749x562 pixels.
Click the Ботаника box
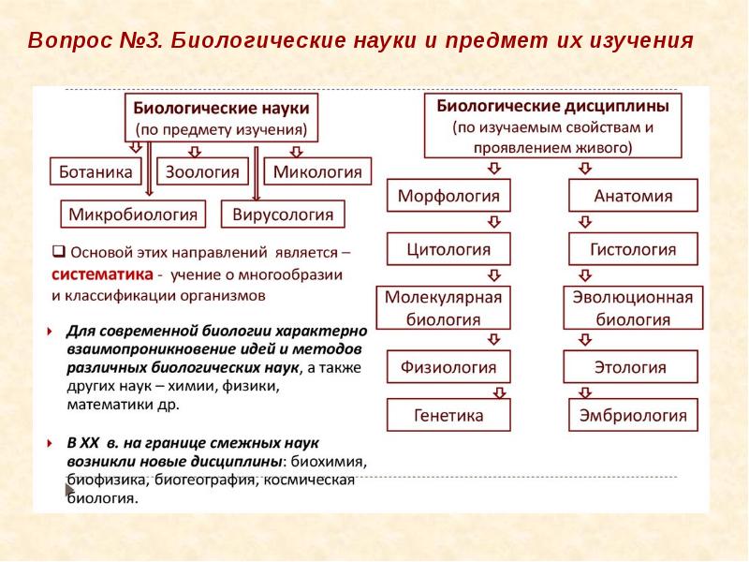point(95,171)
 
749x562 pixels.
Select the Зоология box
point(202,171)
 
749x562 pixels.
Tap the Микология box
point(318,171)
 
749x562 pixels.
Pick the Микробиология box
point(134,214)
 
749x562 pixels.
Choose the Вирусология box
point(283,214)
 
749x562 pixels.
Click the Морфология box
point(448,197)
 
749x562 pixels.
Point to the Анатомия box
point(633,197)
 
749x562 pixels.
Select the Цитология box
point(448,250)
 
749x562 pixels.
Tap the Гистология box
point(633,250)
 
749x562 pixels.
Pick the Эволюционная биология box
point(633,307)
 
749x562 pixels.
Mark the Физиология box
point(448,365)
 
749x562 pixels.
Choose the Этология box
point(633,365)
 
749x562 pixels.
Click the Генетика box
point(448,415)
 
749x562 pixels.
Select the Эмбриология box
point(633,415)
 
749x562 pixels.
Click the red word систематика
point(100,275)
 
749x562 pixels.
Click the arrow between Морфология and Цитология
point(492,223)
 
